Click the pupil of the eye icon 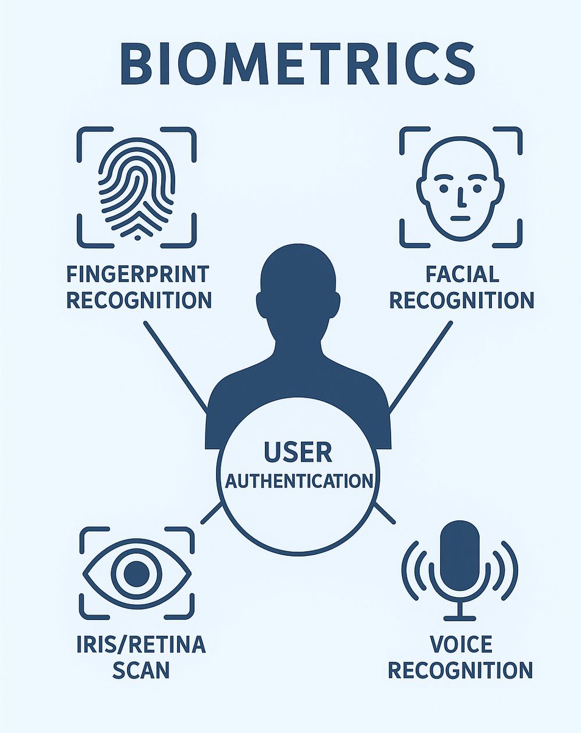(x=136, y=574)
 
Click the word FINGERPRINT (x=138, y=274)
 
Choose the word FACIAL (x=461, y=274)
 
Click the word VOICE (x=461, y=644)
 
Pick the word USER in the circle (x=298, y=453)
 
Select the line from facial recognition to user (x=421, y=365)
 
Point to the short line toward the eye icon (x=211, y=513)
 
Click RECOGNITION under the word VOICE (x=461, y=670)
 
